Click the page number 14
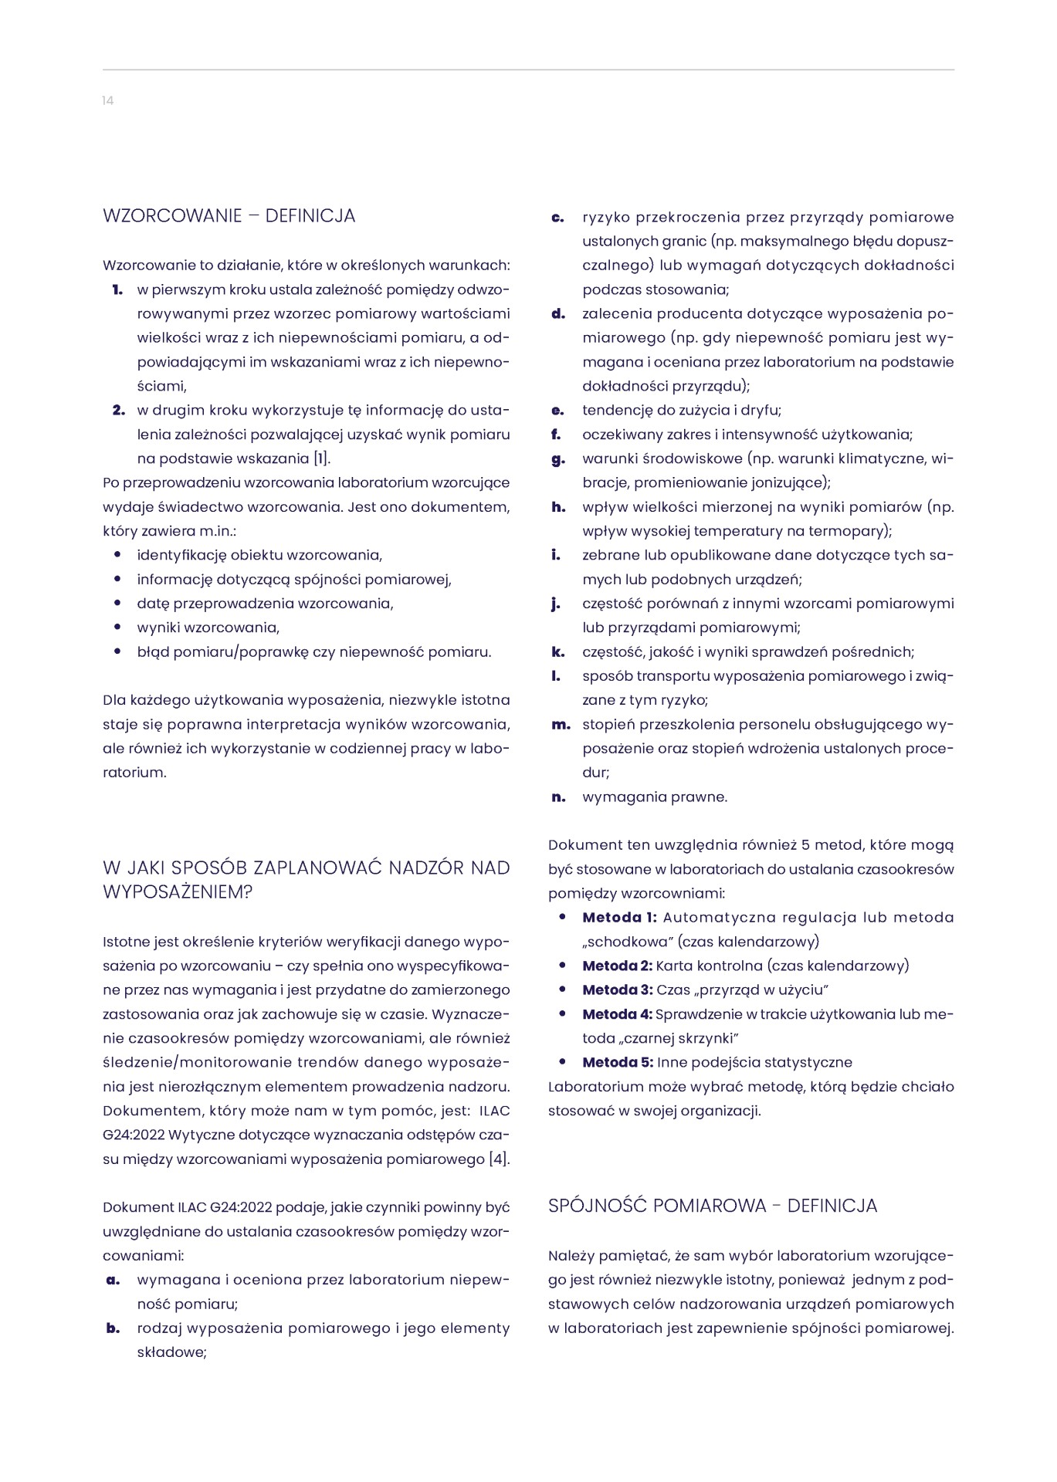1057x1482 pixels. [108, 101]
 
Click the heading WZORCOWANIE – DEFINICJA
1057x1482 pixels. [229, 216]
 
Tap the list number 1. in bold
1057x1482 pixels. [117, 290]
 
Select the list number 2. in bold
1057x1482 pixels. [118, 411]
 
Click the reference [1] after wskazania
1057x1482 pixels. [321, 459]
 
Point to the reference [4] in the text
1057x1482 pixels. [499, 1159]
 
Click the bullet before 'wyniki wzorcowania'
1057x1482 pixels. [117, 628]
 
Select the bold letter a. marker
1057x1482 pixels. [113, 1280]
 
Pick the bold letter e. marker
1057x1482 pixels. [557, 411]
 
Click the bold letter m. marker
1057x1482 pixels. [561, 725]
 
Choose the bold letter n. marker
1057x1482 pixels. [558, 797]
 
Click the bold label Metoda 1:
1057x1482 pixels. [619, 918]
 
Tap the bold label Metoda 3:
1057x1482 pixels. [618, 990]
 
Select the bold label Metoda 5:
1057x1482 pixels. [618, 1063]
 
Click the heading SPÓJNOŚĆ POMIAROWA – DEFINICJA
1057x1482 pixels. [713, 1206]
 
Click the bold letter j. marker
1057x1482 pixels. [556, 604]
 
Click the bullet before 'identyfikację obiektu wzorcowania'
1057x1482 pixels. [117, 555]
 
